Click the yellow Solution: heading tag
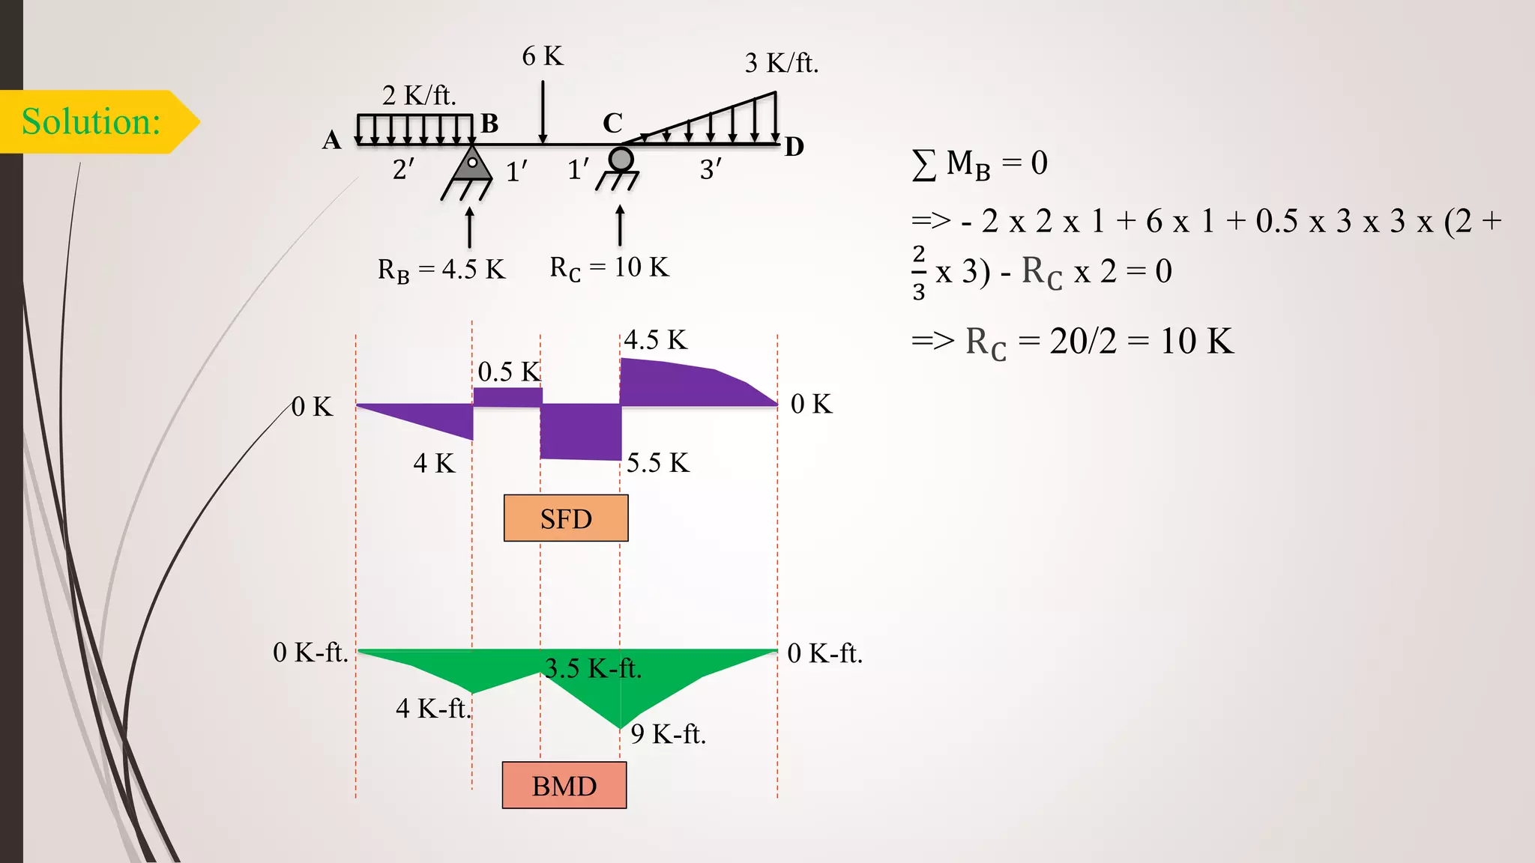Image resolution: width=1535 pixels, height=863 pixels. pos(91,121)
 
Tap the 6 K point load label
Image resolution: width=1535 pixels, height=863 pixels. pos(542,56)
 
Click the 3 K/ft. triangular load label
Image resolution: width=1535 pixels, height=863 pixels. pos(781,63)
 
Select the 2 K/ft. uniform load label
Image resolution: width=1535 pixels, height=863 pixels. pos(418,95)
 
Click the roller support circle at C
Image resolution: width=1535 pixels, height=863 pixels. pos(621,159)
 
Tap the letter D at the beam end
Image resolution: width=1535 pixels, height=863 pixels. pos(794,147)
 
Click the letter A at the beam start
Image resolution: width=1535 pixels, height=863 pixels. pos(331,140)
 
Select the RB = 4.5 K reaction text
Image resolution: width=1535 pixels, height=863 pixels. pos(441,270)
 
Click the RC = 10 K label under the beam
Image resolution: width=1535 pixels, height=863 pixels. pos(609,267)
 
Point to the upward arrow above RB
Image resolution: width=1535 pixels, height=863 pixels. pos(470,227)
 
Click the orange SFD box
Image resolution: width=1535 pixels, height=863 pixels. pos(566,518)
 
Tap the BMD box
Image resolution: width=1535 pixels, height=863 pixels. pos(564,786)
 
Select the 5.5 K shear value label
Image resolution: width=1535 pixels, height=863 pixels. pos(657,463)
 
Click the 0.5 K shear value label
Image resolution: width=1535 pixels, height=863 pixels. pos(508,372)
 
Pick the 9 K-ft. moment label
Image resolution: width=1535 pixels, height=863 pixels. pos(668,734)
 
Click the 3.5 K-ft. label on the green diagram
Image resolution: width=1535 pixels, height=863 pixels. pos(593,667)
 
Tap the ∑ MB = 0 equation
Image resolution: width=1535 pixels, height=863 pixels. pos(980,163)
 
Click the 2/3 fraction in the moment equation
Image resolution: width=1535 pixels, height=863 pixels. pos(919,273)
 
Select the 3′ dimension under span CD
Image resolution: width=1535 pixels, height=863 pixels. pos(711,170)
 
